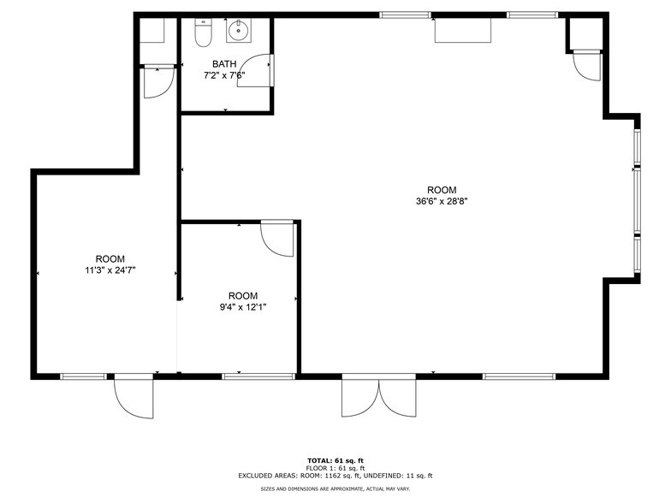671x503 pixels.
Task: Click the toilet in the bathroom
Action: coord(203,34)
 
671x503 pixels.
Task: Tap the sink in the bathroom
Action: coord(237,33)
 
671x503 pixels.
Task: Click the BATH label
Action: coord(224,63)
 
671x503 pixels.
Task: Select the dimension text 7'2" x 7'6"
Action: coord(224,75)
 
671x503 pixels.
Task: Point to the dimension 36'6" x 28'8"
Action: coord(442,202)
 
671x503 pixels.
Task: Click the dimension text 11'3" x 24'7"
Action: coord(110,270)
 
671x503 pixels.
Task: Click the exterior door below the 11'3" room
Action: coord(134,397)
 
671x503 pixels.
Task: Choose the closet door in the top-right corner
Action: coord(588,65)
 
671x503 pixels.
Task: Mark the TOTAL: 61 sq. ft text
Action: coord(335,460)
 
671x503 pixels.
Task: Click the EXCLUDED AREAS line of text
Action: coord(335,475)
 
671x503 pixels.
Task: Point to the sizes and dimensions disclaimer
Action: coord(335,488)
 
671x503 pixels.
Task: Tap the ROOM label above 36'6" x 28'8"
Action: coord(442,190)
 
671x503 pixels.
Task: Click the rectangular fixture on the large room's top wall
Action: coord(463,30)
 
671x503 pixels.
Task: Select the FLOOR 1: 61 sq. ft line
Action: coord(335,468)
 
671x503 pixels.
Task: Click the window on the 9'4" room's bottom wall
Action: coord(258,376)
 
